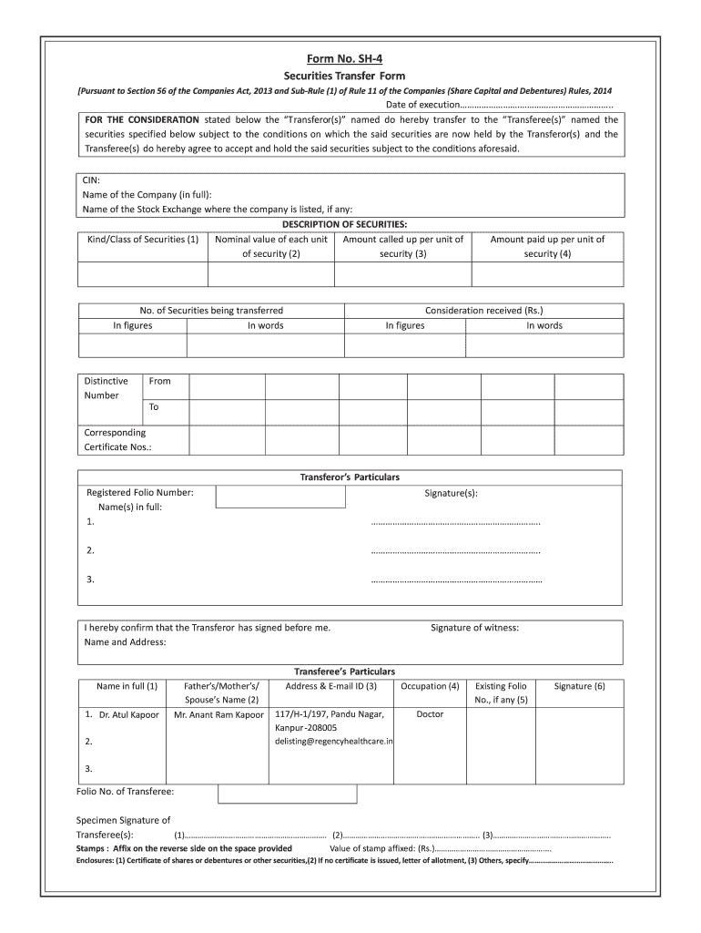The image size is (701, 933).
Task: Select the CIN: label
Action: (x=92, y=180)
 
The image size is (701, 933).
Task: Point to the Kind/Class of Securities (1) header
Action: (x=142, y=240)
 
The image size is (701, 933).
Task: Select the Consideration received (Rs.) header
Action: (x=483, y=310)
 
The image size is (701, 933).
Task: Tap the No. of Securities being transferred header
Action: (x=211, y=310)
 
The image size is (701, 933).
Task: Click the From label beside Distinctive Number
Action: (x=159, y=381)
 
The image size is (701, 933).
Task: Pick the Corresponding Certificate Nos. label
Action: (x=117, y=439)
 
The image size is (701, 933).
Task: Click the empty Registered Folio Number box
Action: (x=280, y=497)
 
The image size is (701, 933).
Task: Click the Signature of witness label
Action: (x=474, y=628)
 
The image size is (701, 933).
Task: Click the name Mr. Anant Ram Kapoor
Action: (x=218, y=714)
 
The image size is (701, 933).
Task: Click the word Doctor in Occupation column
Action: (x=430, y=714)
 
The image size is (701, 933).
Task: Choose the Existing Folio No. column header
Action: (x=501, y=692)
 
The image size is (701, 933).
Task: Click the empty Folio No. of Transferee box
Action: (x=288, y=792)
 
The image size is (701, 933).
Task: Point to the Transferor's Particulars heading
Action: (x=350, y=477)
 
